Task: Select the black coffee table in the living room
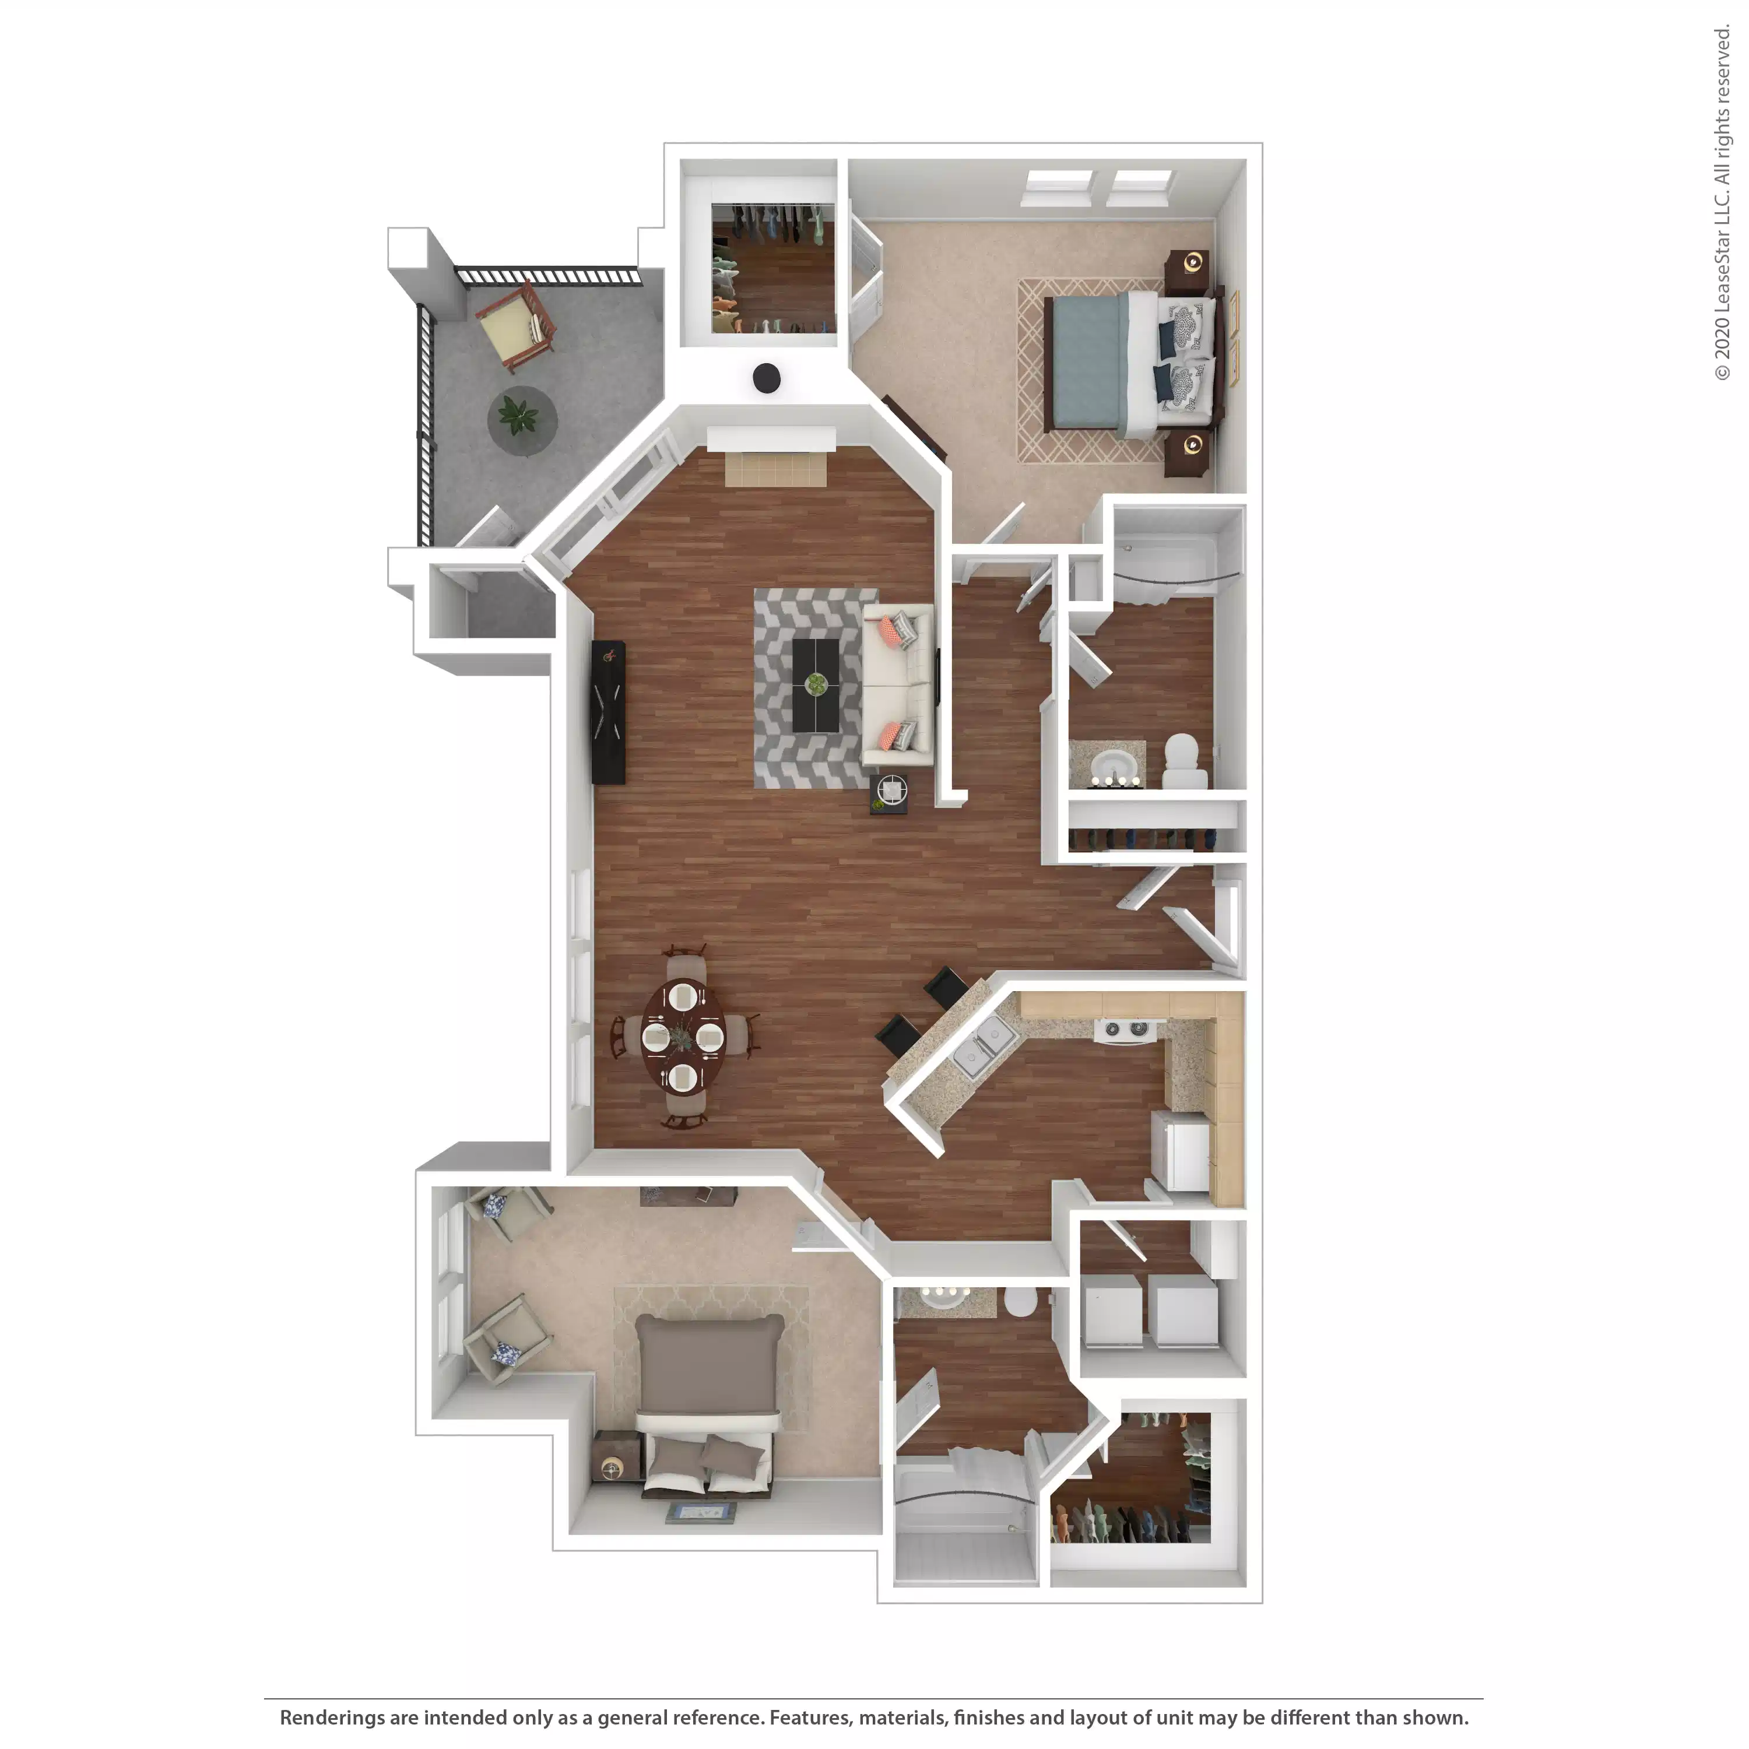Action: (x=816, y=685)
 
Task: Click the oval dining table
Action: (x=683, y=1037)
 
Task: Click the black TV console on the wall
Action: (x=607, y=711)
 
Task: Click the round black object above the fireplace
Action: (x=767, y=378)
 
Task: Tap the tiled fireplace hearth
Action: (x=776, y=469)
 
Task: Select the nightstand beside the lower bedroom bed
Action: (x=616, y=1456)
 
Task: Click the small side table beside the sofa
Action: (x=890, y=793)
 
